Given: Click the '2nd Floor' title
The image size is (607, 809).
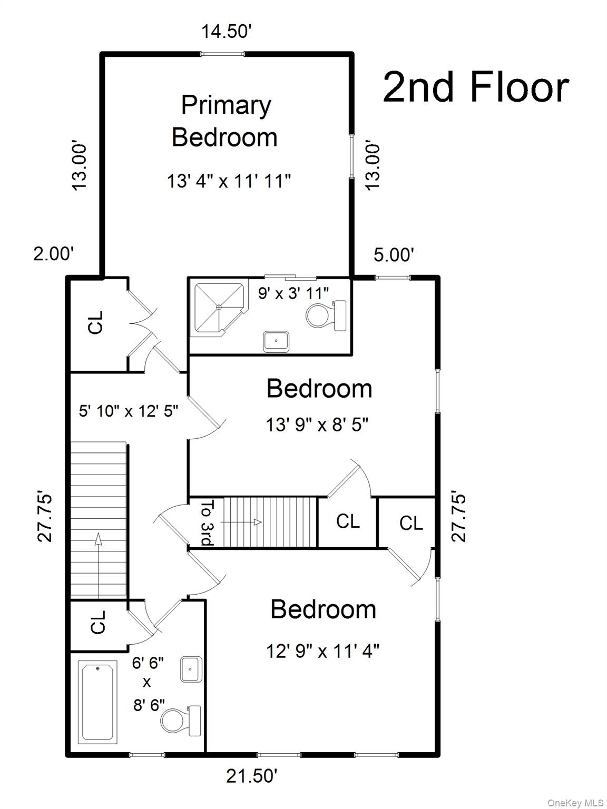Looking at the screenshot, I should pyautogui.click(x=475, y=87).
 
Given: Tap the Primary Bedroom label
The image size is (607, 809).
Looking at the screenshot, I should pyautogui.click(x=226, y=121).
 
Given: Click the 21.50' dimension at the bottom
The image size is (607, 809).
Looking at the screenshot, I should pyautogui.click(x=252, y=776).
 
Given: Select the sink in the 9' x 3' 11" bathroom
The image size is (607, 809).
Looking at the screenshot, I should pyautogui.click(x=276, y=341).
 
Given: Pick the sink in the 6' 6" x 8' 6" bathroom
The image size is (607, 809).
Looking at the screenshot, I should pyautogui.click(x=191, y=669).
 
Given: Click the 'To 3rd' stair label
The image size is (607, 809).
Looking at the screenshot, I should pyautogui.click(x=208, y=522).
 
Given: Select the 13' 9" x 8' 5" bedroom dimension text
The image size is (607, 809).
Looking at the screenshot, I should pyautogui.click(x=317, y=425).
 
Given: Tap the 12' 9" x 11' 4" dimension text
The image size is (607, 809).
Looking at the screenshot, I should pyautogui.click(x=322, y=652).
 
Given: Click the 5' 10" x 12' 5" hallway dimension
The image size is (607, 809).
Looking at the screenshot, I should pyautogui.click(x=129, y=411).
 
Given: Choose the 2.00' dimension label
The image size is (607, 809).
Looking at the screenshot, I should pyautogui.click(x=53, y=254).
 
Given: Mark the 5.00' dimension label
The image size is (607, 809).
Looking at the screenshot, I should pyautogui.click(x=394, y=255).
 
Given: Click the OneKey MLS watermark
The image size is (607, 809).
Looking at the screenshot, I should pyautogui.click(x=575, y=803).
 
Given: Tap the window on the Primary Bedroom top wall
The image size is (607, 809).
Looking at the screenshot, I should pyautogui.click(x=222, y=53).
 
